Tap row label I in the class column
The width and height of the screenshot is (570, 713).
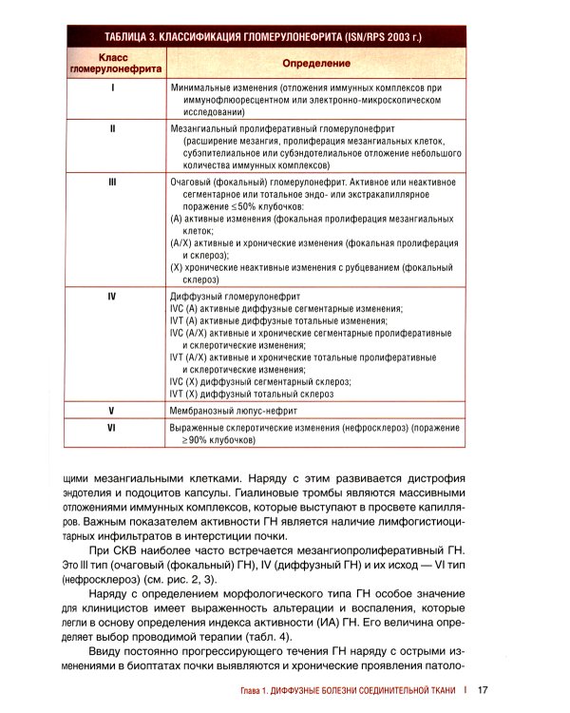click(113, 87)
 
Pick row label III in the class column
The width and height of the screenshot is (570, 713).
click(113, 181)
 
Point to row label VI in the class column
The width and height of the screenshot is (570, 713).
click(113, 429)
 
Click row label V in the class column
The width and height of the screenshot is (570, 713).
click(113, 411)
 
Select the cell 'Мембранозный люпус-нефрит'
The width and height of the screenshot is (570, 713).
click(233, 411)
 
